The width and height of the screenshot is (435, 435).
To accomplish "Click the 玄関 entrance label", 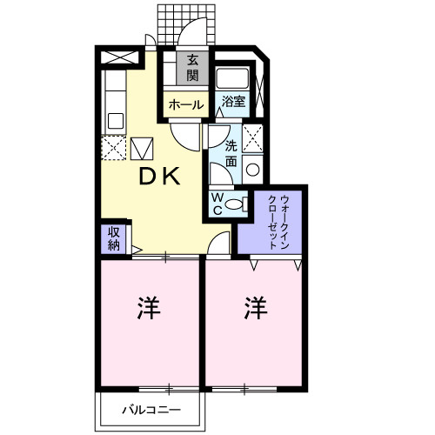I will (191, 68).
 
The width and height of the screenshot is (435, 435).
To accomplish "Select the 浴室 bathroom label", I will (232, 102).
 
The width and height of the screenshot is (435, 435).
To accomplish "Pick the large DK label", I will (161, 177).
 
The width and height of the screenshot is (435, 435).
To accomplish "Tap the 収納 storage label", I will (114, 238).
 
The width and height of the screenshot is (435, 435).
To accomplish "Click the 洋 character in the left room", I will (149, 308).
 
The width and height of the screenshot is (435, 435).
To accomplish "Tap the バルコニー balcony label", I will (151, 409).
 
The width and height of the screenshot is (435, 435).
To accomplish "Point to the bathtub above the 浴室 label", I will (233, 78).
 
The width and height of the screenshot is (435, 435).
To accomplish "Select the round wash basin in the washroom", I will (253, 169).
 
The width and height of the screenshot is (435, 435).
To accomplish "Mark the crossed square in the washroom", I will (253, 140).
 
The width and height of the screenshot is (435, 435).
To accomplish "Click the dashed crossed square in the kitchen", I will (113, 147).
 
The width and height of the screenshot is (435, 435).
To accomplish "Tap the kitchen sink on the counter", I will (113, 120).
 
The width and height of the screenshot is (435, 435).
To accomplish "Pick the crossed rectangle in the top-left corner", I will (119, 58).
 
